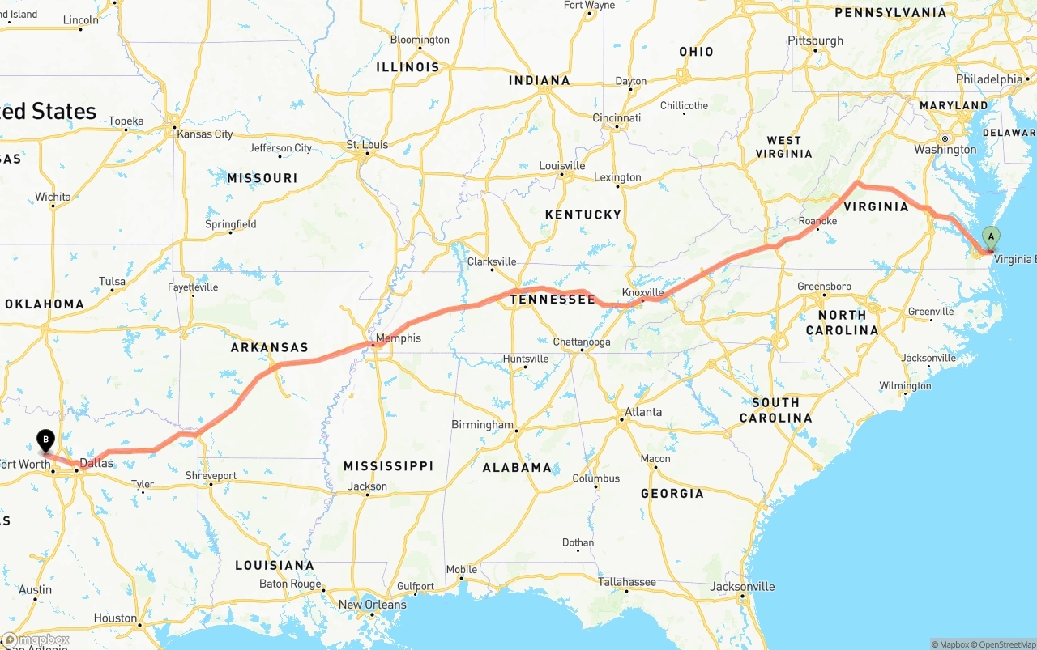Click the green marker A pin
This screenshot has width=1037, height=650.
[990, 237]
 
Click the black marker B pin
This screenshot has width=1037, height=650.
[46, 440]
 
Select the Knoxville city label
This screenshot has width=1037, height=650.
[642, 292]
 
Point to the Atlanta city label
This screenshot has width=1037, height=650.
[643, 412]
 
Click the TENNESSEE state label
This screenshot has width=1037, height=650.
[553, 300]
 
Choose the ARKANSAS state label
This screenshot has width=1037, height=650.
[270, 347]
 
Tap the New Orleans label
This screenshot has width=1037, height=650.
[373, 605]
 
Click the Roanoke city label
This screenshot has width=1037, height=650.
[817, 221]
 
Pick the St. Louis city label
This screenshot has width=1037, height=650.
[367, 145]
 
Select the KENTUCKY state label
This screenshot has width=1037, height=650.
[583, 215]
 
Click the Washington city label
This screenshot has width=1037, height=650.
[945, 150]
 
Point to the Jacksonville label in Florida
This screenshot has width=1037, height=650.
[743, 587]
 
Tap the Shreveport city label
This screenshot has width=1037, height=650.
[211, 476]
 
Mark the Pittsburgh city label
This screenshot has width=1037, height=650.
[816, 40]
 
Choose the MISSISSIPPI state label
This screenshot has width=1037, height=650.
[388, 466]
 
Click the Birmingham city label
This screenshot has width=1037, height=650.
[482, 424]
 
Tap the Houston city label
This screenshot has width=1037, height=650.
[115, 618]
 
